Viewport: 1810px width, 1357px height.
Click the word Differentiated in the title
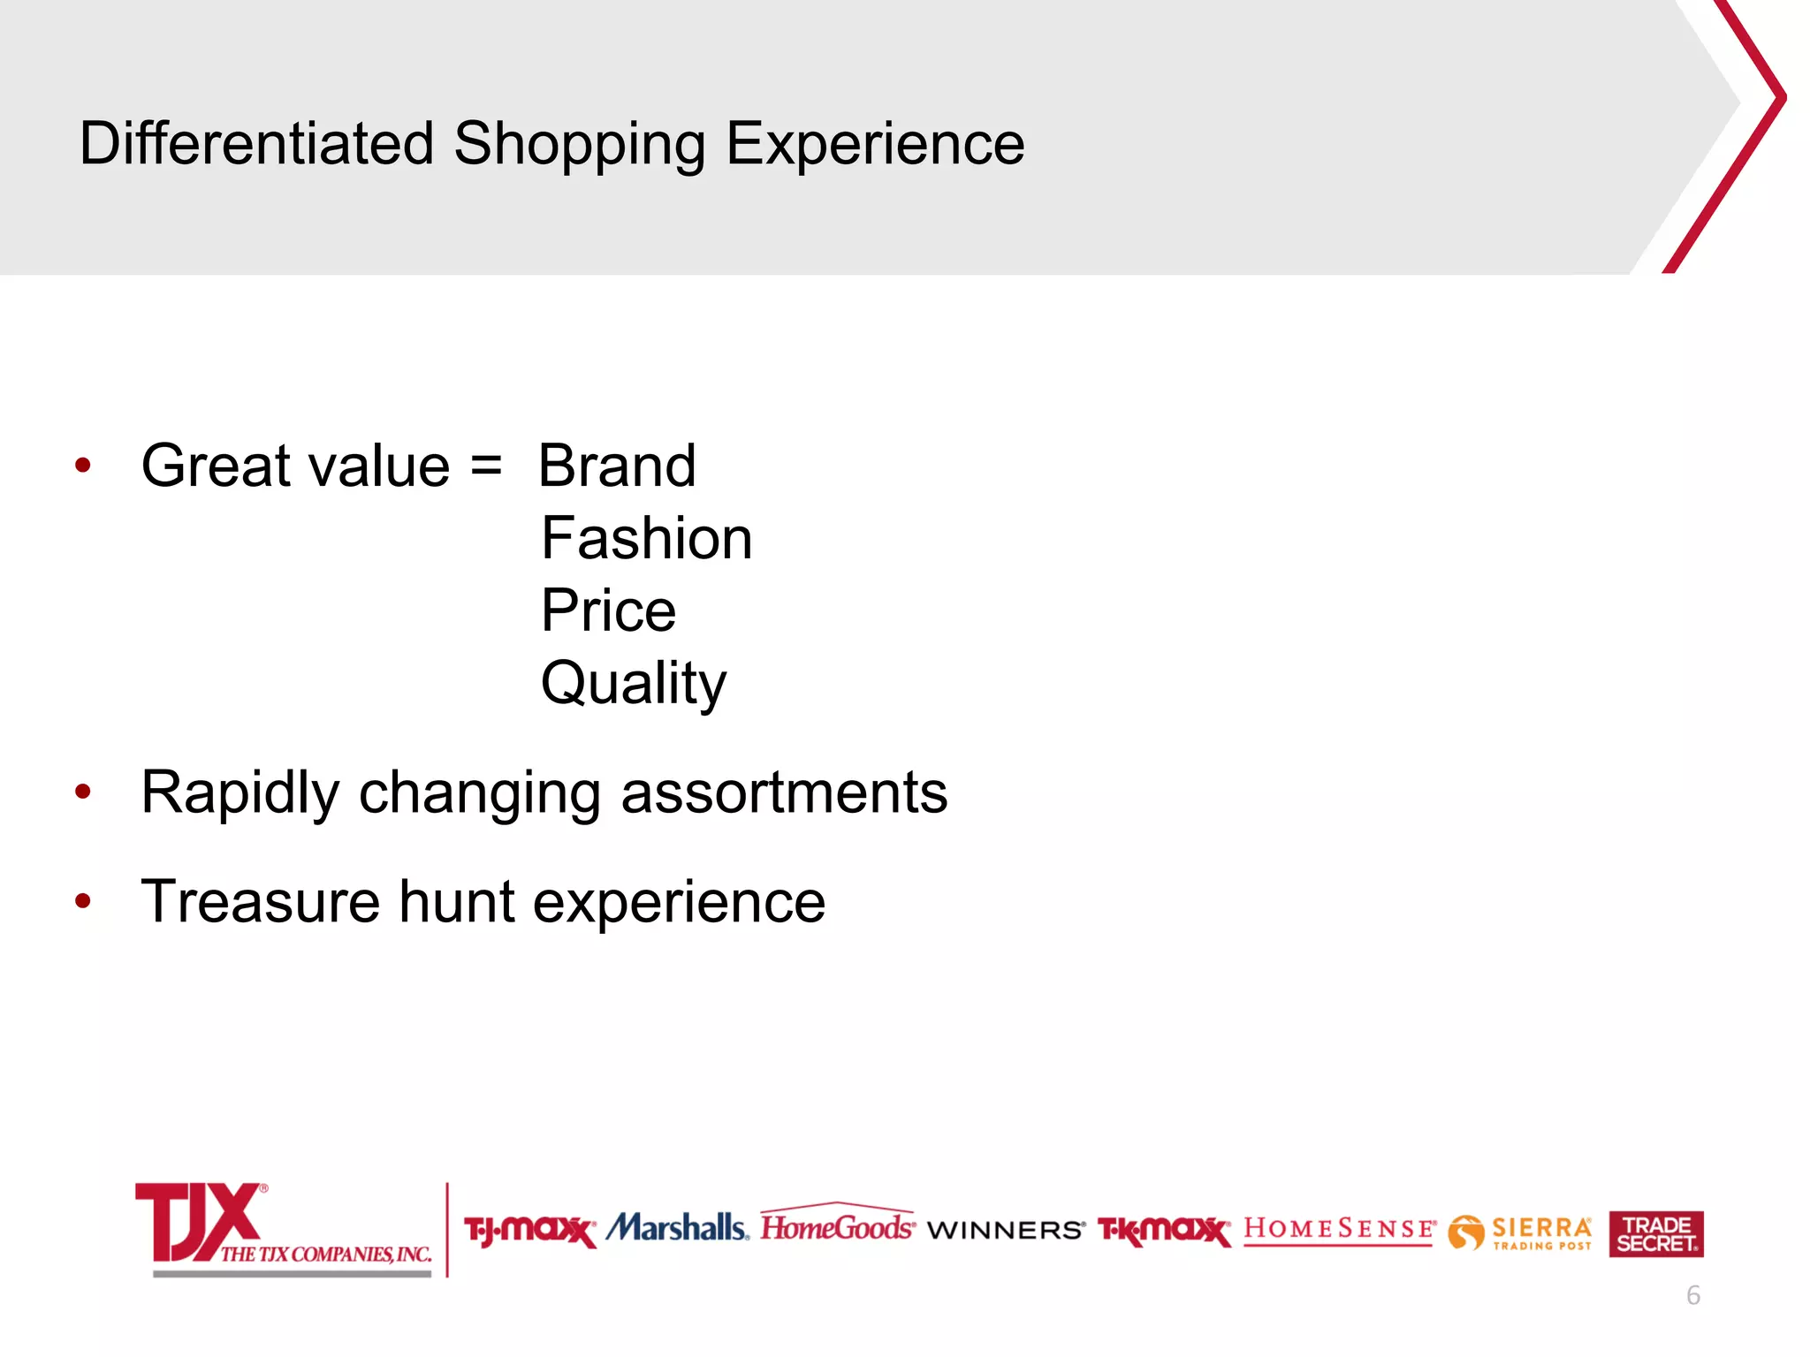tap(256, 143)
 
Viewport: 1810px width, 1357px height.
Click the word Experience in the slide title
tap(875, 143)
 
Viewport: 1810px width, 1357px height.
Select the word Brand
tap(617, 466)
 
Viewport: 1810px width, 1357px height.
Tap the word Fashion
tap(646, 538)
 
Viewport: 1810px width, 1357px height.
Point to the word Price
tap(608, 610)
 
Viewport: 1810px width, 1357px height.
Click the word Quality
tap(633, 683)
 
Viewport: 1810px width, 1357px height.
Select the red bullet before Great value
tap(83, 466)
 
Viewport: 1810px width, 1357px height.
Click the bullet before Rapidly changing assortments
tap(83, 792)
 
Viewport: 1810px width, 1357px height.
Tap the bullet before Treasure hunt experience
tap(83, 901)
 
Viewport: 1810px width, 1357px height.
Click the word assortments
tap(784, 792)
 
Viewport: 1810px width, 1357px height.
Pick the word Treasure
tap(262, 901)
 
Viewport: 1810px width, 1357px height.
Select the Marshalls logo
tap(677, 1228)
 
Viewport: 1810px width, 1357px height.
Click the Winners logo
tap(1006, 1230)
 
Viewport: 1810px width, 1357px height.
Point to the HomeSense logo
tap(1339, 1230)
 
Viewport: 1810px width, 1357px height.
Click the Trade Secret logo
tap(1655, 1233)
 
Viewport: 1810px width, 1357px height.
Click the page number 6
tap(1692, 1295)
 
